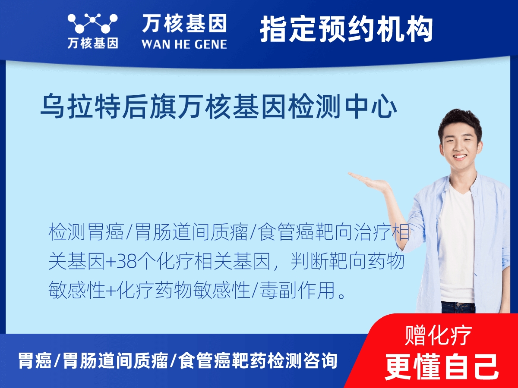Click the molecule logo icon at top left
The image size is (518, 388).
coord(92,23)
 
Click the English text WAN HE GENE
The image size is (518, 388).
coord(184,44)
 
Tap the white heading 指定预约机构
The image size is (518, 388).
coord(346,29)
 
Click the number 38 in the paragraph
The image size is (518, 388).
coord(127,262)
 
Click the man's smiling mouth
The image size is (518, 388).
coord(460,156)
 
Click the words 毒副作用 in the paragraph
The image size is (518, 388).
coord(297,290)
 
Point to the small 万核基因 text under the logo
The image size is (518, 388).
coord(93,44)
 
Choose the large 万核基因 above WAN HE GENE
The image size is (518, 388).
coord(184,23)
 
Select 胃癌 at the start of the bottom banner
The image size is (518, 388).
coord(35,361)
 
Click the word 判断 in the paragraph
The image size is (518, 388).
coord(310,262)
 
